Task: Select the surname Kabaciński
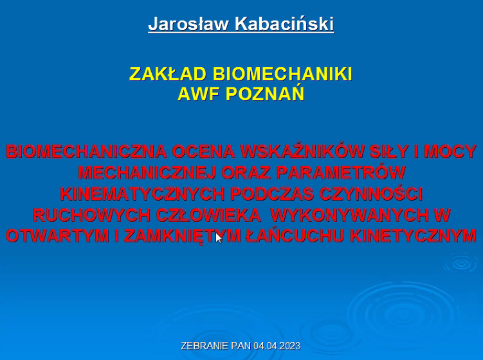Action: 284,23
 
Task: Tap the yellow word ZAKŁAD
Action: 168,74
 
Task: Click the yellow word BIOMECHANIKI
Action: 282,74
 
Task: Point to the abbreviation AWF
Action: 199,94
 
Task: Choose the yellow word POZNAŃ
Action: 265,93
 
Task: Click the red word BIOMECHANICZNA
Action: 86,152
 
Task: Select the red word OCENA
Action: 203,152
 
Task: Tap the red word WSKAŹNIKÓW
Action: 302,151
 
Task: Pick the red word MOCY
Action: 450,152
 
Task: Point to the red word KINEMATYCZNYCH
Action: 142,194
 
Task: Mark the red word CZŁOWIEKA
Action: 208,215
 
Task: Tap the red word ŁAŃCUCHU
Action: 295,235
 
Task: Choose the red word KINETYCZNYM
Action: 413,236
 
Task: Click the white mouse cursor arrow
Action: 219,238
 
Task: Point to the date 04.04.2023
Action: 277,345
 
